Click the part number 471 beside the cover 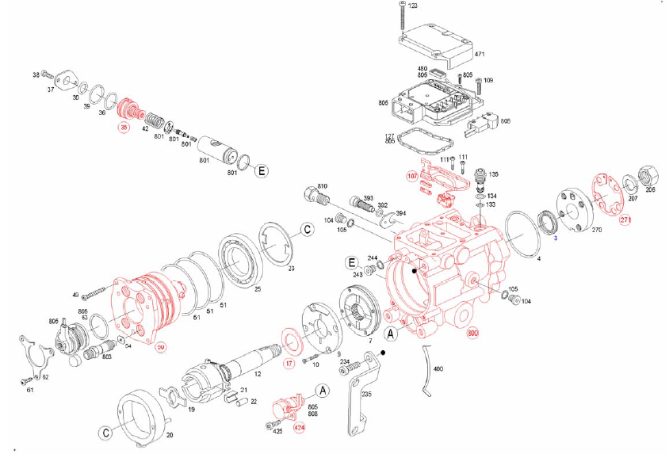click(x=479, y=55)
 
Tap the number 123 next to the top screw click(x=412, y=6)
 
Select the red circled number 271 click(x=625, y=219)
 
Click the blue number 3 click(x=555, y=237)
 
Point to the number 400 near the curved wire click(x=438, y=368)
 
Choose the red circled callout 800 click(x=473, y=334)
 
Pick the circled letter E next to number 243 click(x=350, y=262)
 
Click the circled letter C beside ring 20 click(x=105, y=433)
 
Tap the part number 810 click(x=321, y=185)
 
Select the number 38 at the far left click(x=36, y=74)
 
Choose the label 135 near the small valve click(x=494, y=174)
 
